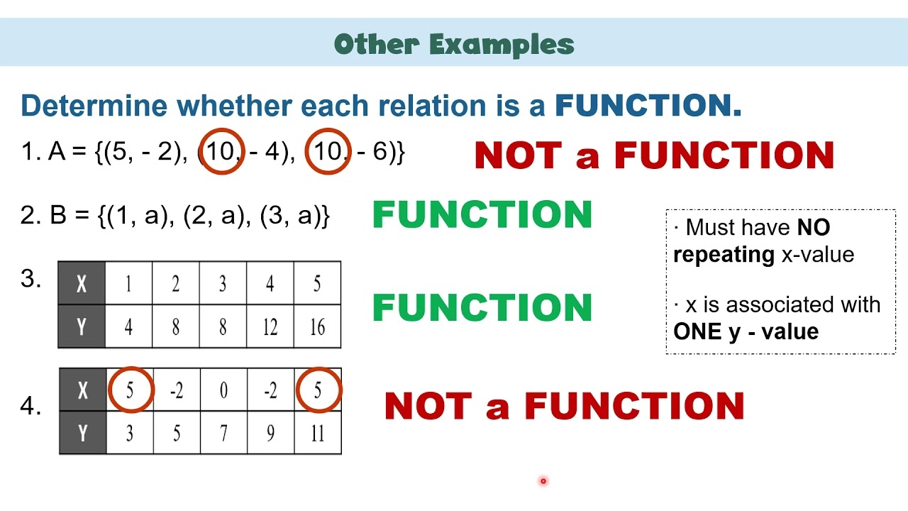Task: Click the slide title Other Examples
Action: click(x=454, y=44)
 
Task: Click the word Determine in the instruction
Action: click(x=94, y=106)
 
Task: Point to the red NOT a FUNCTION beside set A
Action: click(x=653, y=155)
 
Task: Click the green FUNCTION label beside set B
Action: click(x=482, y=215)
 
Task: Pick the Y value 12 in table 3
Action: click(x=270, y=327)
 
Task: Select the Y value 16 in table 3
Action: click(x=317, y=327)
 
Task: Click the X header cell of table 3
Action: click(x=82, y=284)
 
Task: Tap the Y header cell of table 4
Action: click(x=82, y=433)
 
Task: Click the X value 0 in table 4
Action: click(x=223, y=390)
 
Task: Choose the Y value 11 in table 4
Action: click(x=317, y=433)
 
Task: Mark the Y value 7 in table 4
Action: click(x=223, y=433)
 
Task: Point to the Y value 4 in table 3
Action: click(x=128, y=327)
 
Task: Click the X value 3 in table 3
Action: click(x=223, y=284)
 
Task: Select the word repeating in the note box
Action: click(x=724, y=254)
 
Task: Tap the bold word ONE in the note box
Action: click(x=697, y=331)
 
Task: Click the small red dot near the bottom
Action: click(x=543, y=481)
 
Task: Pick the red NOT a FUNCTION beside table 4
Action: click(x=564, y=407)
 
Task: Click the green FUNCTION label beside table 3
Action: click(x=482, y=307)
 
